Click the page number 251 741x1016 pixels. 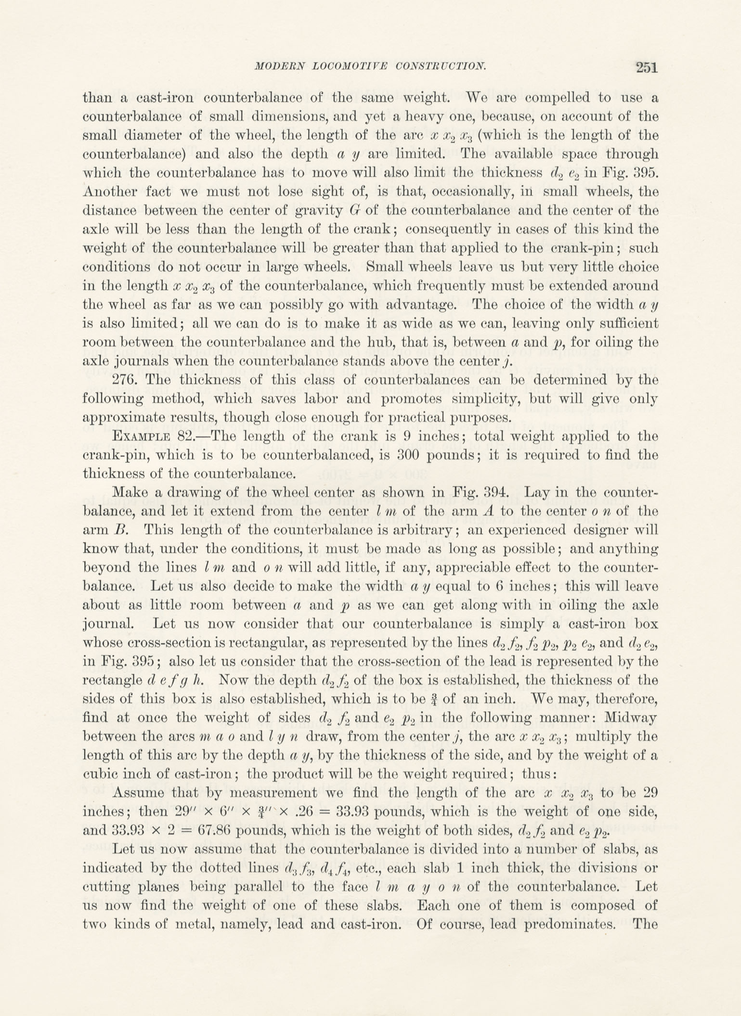646,67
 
